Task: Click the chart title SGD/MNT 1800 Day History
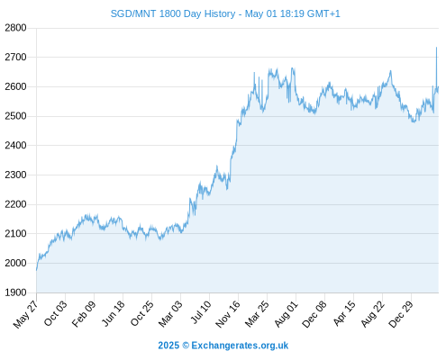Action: [x=173, y=14]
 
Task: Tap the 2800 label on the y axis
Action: [x=15, y=28]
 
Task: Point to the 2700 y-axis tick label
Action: [x=15, y=57]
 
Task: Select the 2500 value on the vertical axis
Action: [x=15, y=116]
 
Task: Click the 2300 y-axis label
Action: [x=15, y=175]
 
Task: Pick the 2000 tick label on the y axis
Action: [x=15, y=263]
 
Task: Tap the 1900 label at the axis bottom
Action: [x=15, y=292]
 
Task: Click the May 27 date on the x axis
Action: [x=26, y=314]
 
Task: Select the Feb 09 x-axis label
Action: [x=84, y=313]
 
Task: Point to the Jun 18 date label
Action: [x=113, y=313]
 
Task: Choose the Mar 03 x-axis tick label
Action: [x=170, y=313]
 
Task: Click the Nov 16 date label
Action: [x=228, y=314]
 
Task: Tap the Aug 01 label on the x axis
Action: [x=286, y=314]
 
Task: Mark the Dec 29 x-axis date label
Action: [x=401, y=314]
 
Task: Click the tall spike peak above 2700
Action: [x=436, y=48]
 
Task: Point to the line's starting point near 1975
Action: [x=37, y=270]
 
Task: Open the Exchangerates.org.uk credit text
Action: [x=240, y=346]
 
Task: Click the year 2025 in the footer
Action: [x=168, y=346]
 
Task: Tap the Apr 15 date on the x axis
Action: [x=344, y=313]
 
